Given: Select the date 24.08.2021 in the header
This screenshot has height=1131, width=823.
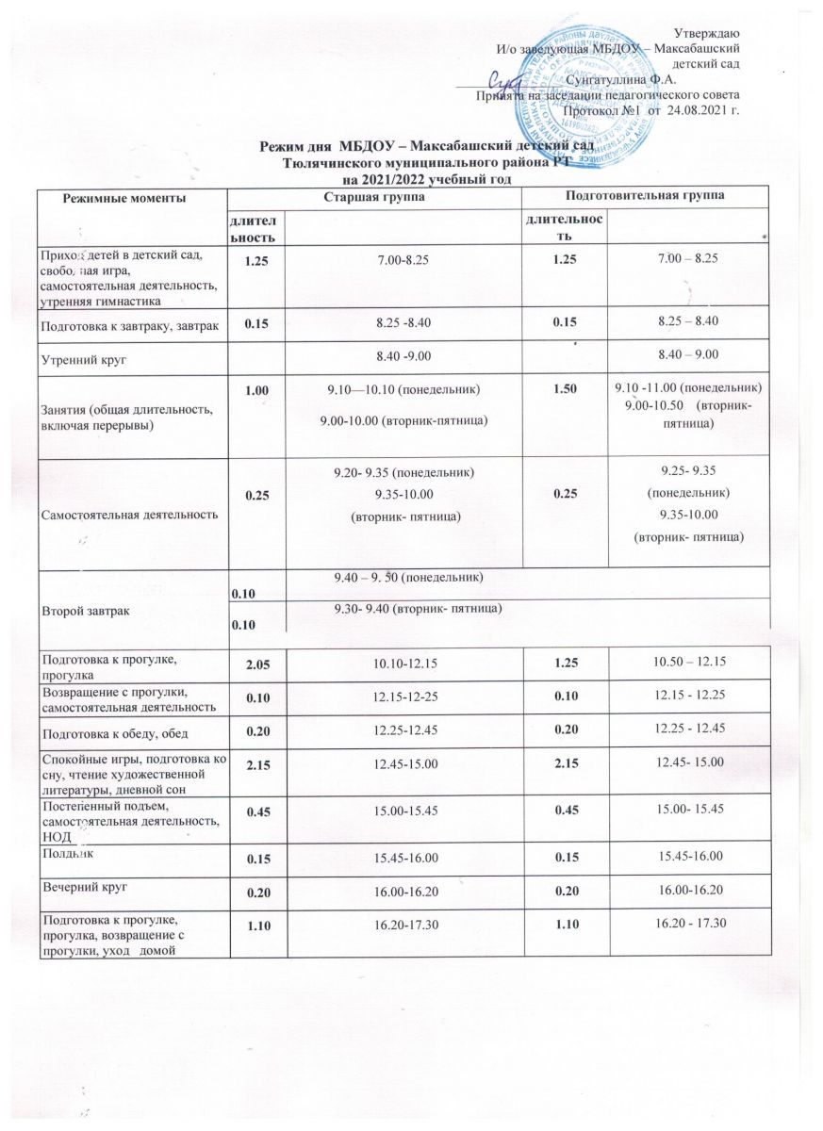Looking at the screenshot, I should (701, 110).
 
